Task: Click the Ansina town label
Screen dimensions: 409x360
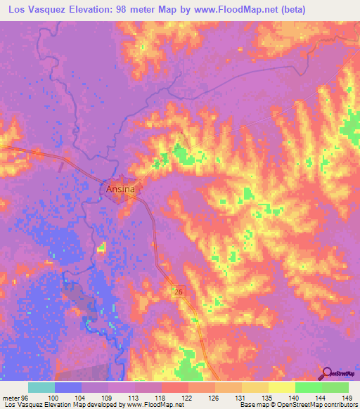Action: tap(120, 189)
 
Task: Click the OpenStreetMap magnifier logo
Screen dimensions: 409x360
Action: tap(328, 374)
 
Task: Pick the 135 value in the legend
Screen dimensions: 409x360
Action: tap(266, 398)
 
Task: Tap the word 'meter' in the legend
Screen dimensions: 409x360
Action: tap(13, 398)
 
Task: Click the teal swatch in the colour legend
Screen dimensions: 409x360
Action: tap(41, 387)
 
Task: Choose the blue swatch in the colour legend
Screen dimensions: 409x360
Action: tap(68, 387)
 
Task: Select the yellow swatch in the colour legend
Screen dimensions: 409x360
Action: tap(281, 387)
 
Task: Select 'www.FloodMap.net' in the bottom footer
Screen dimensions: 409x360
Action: tap(150, 405)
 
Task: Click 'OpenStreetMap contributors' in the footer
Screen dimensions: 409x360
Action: tap(321, 405)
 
